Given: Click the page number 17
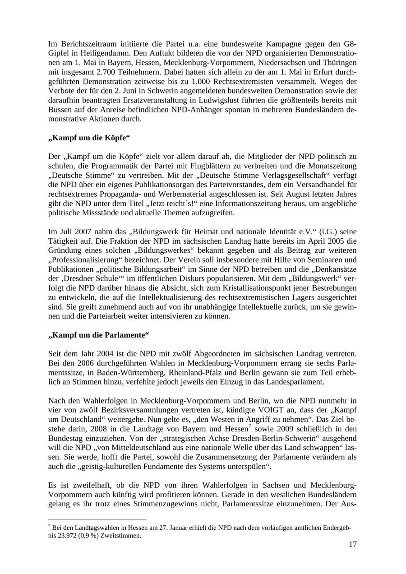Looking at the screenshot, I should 352,544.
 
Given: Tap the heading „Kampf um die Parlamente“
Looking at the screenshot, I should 98,335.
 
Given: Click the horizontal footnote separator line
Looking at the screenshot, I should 97,520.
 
